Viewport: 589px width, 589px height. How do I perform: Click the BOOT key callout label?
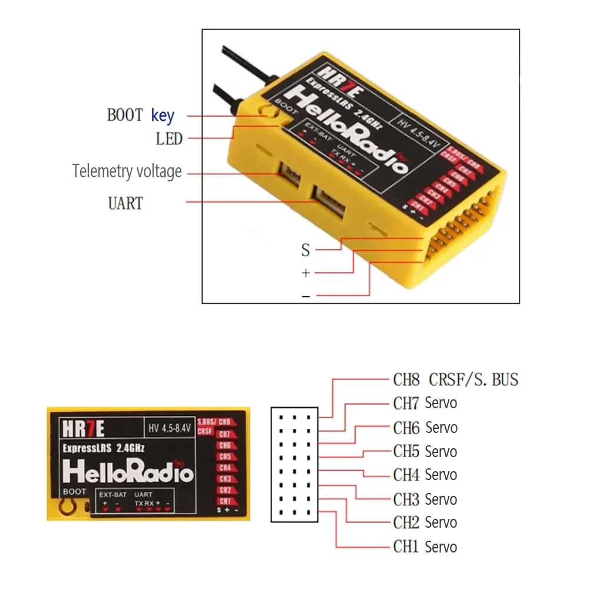click(x=140, y=115)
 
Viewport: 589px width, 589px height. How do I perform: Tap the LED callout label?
click(x=169, y=140)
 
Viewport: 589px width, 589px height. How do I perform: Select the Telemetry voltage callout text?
click(x=127, y=171)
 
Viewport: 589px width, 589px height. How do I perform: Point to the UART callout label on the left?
click(x=125, y=204)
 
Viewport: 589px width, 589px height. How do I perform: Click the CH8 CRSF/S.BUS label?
click(x=455, y=379)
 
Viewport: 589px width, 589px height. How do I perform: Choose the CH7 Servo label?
click(x=425, y=403)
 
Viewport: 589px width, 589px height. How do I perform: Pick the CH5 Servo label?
click(x=425, y=452)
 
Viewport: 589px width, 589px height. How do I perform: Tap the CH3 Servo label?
click(x=425, y=499)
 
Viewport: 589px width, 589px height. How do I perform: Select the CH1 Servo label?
click(x=425, y=547)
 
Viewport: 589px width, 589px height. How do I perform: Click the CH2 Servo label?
click(x=425, y=522)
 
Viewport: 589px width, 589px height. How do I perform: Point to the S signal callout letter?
click(x=305, y=250)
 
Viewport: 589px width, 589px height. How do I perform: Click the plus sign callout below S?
click(x=305, y=273)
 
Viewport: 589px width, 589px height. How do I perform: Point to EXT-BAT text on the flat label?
click(x=111, y=494)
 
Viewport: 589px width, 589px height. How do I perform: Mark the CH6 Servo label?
click(x=425, y=428)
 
